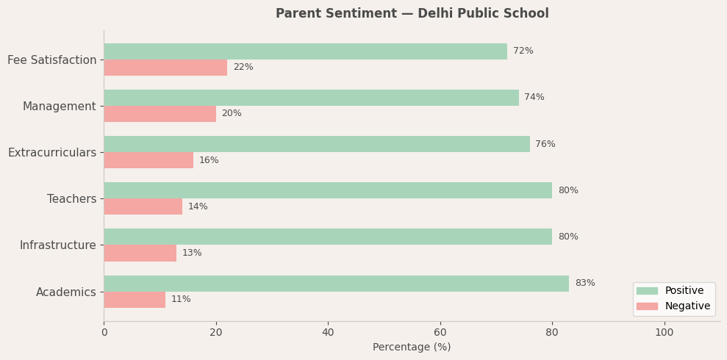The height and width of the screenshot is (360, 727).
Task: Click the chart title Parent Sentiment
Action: (412, 14)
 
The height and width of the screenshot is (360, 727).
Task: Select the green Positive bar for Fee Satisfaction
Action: (305, 51)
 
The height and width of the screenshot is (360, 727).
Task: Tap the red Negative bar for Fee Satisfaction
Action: (165, 68)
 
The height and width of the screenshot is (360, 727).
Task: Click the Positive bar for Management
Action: (311, 98)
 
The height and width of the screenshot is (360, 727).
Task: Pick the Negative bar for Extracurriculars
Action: (148, 160)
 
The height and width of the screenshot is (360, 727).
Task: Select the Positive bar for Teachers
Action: (328, 190)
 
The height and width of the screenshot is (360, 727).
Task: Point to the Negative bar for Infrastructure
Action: (140, 253)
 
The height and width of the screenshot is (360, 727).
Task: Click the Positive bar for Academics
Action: (336, 284)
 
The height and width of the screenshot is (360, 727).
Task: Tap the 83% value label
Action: (585, 284)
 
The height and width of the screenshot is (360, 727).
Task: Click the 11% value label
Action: (181, 300)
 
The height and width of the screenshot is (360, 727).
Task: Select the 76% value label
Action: (545, 145)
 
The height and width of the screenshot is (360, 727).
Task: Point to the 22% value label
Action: (243, 68)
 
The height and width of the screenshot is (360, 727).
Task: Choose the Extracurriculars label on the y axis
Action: (52, 153)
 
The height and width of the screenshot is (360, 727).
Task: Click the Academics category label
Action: (66, 292)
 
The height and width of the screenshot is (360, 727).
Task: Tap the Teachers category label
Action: (72, 199)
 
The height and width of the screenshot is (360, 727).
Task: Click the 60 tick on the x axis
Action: (440, 333)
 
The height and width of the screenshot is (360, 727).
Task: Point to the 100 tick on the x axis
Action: (665, 333)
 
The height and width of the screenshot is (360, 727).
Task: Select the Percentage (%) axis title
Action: (412, 348)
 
